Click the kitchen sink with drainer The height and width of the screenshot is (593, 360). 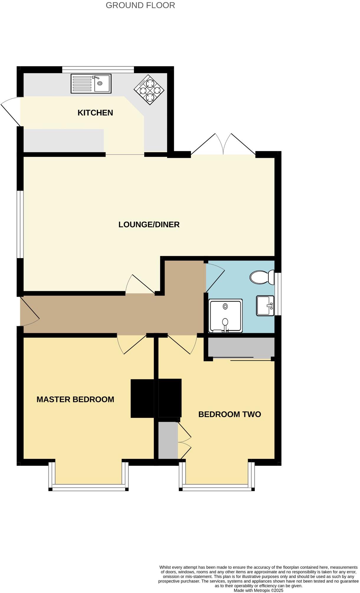pos(91,84)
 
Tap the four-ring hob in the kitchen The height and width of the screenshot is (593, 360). pos(149,90)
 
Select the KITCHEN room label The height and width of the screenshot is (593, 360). pos(95,113)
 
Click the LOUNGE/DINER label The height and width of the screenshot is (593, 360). pos(149,225)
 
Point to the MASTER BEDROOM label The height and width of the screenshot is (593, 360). pos(75,400)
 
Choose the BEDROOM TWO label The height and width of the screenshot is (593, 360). pos(230,414)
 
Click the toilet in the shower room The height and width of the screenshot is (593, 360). pos(261,277)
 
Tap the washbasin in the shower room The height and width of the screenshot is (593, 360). pos(265,306)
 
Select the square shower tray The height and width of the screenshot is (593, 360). pos(225,316)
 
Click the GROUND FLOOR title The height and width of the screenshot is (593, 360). pos(140,5)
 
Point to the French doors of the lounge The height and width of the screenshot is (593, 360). pos(223,145)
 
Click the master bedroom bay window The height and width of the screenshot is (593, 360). pos(89,487)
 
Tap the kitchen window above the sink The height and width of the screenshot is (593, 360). pos(98,70)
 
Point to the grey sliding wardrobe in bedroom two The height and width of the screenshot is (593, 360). pos(241,348)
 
